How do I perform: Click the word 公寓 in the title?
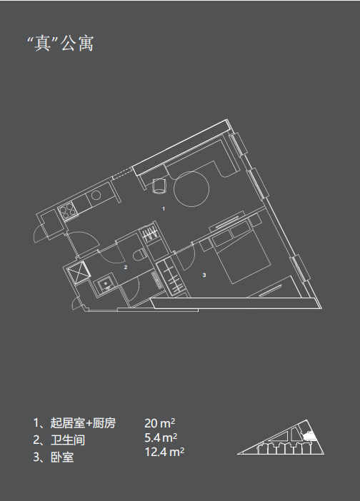77,43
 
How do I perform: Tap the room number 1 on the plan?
164,208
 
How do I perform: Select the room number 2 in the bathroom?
126,267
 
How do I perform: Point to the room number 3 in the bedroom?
204,275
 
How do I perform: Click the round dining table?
191,189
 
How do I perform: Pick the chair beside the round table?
159,186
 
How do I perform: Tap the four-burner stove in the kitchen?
67,211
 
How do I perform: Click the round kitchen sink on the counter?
96,195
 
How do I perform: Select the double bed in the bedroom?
240,252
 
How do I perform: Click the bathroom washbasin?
105,284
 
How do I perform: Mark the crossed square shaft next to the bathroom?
79,272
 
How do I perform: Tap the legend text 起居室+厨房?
83,423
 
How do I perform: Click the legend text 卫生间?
68,440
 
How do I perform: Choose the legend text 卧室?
62,457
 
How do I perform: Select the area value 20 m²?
160,423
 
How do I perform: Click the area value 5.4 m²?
161,437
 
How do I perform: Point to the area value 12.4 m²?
164,452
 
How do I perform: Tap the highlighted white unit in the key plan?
308,436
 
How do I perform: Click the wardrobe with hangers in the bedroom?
173,278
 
